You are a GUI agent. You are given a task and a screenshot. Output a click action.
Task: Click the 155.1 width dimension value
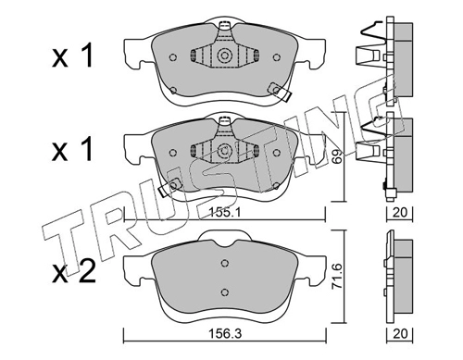(x=225, y=212)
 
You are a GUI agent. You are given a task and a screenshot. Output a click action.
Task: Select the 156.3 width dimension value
(x=225, y=333)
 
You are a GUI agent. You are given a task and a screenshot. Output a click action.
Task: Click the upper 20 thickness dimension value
(x=400, y=212)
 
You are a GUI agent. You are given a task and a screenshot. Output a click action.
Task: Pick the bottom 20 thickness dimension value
(x=400, y=333)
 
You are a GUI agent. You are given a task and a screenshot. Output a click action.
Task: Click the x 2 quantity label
(x=73, y=272)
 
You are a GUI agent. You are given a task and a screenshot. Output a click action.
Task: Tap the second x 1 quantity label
(x=72, y=150)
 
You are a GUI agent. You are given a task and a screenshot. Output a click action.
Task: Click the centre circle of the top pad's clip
(x=224, y=56)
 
